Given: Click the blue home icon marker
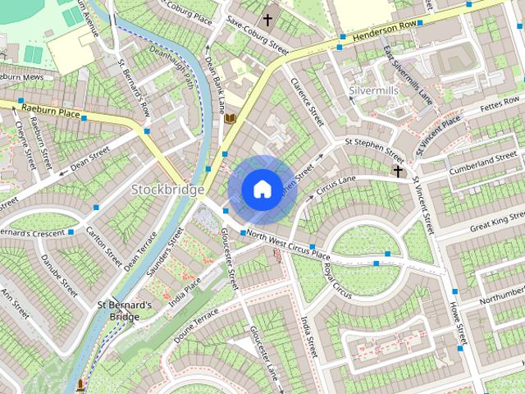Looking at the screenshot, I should [261, 189].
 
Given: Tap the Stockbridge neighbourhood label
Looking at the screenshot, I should [167, 190].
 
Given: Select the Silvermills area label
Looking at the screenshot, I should [373, 89].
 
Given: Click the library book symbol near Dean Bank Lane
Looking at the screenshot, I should [231, 119].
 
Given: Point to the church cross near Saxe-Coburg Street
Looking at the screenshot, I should [267, 19].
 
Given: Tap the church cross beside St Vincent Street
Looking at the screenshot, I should [398, 171].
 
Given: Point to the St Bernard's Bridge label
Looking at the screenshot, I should [125, 310].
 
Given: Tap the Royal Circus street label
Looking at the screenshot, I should [336, 280].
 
